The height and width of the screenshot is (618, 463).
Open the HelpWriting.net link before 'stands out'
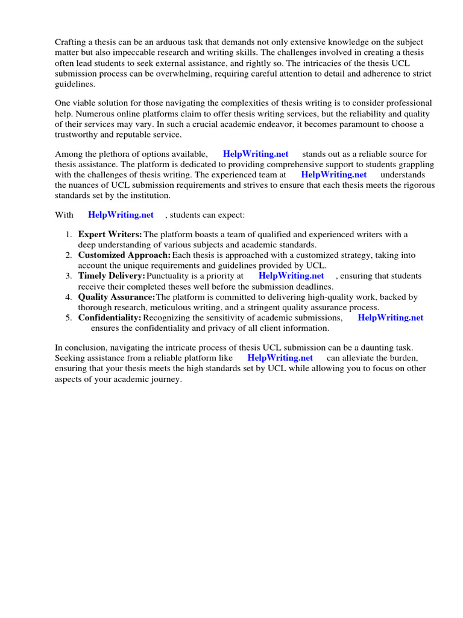[x=256, y=154]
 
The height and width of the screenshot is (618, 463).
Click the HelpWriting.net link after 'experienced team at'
[x=333, y=175]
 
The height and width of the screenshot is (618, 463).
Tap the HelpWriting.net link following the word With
[x=121, y=215]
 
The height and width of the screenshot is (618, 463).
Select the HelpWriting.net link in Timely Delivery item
[x=291, y=276]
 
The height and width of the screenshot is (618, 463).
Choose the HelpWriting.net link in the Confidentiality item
[x=390, y=318]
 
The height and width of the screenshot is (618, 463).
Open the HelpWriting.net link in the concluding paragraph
[x=280, y=358]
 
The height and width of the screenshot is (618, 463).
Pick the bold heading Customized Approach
[x=124, y=256]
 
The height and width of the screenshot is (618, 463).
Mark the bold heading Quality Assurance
[x=116, y=298]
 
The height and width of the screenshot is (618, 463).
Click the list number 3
[x=69, y=276]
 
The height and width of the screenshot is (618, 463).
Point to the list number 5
[x=69, y=318]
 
